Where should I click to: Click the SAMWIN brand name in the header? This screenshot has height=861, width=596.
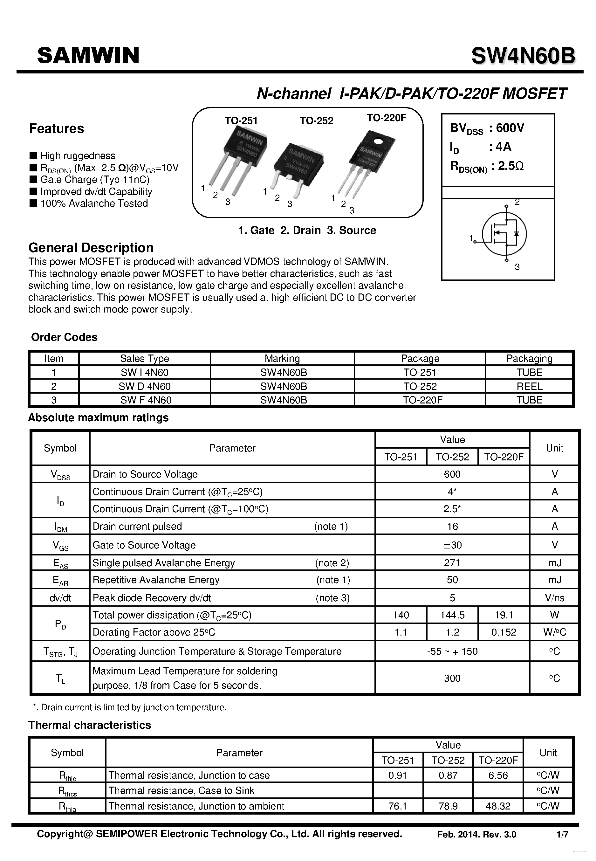click(x=88, y=55)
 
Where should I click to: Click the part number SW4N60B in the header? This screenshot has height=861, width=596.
click(x=523, y=56)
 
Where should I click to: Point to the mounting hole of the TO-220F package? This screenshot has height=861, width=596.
click(x=378, y=141)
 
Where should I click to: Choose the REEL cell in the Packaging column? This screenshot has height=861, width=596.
click(x=529, y=386)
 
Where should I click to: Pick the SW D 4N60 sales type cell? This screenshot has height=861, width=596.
click(x=145, y=386)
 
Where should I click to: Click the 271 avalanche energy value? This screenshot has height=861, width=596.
click(x=452, y=563)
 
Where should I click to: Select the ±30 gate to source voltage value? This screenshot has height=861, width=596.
click(x=452, y=545)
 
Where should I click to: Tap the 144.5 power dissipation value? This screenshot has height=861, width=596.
click(x=452, y=615)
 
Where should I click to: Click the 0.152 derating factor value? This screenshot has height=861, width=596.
click(x=504, y=632)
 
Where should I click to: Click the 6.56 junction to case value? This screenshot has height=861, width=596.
click(x=498, y=775)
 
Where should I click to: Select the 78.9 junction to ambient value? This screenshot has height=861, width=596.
click(x=448, y=806)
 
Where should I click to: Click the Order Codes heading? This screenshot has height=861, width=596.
click(x=64, y=337)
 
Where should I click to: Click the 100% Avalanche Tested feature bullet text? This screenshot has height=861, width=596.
click(x=94, y=203)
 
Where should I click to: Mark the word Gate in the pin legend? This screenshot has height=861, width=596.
click(x=262, y=231)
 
